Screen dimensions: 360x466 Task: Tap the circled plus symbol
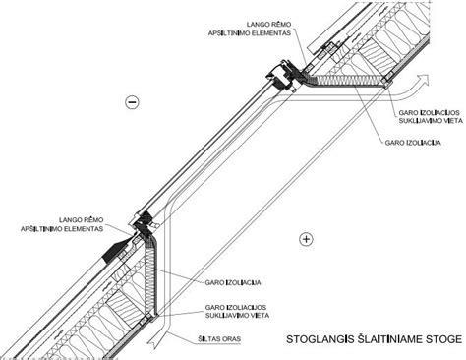(x=306, y=238)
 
